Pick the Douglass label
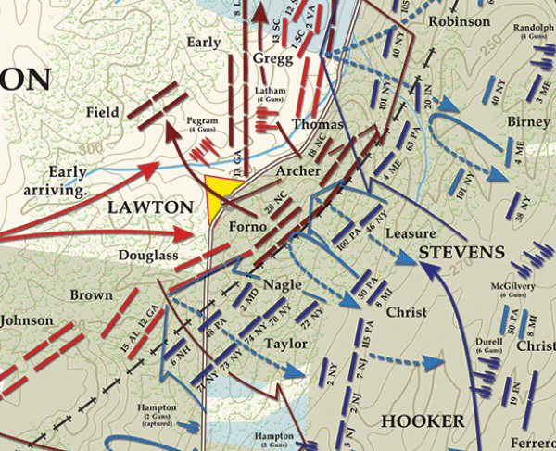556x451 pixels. pyautogui.click(x=147, y=255)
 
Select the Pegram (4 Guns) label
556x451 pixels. pyautogui.click(x=202, y=124)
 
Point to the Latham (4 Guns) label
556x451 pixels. pyautogui.click(x=269, y=94)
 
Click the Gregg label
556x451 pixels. pyautogui.click(x=272, y=58)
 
